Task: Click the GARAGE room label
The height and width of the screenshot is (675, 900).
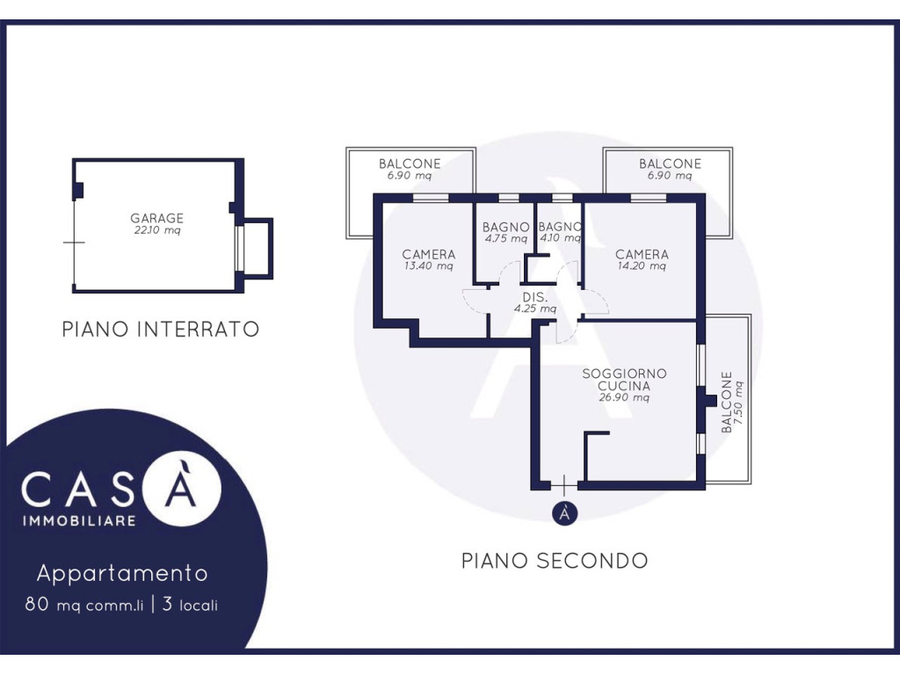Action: [156, 218]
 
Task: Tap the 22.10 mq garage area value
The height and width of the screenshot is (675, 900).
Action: [157, 231]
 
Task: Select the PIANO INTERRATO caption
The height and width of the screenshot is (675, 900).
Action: [161, 330]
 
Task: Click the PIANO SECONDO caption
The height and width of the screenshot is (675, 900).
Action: [555, 561]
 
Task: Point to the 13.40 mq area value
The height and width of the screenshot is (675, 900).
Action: [429, 266]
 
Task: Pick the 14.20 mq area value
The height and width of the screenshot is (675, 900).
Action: [642, 266]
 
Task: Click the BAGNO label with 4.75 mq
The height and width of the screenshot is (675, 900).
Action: [505, 228]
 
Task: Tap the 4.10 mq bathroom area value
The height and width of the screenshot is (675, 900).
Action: [560, 238]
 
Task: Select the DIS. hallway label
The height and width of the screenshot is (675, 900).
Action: [535, 297]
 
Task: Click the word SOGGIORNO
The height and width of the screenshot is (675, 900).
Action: [625, 374]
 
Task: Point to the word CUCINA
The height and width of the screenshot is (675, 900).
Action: [624, 387]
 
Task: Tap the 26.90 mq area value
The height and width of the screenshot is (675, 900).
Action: [624, 398]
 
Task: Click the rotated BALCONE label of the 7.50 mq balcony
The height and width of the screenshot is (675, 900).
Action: [727, 402]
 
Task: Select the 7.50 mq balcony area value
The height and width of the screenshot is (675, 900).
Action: [738, 403]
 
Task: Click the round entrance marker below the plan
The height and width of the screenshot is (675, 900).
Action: [565, 513]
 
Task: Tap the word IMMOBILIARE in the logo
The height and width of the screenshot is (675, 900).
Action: [79, 521]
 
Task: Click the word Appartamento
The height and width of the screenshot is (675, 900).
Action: [122, 573]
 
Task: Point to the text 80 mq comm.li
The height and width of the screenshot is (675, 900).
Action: [83, 605]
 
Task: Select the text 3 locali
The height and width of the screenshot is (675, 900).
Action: [190, 605]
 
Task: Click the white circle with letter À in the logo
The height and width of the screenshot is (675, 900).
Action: [182, 489]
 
